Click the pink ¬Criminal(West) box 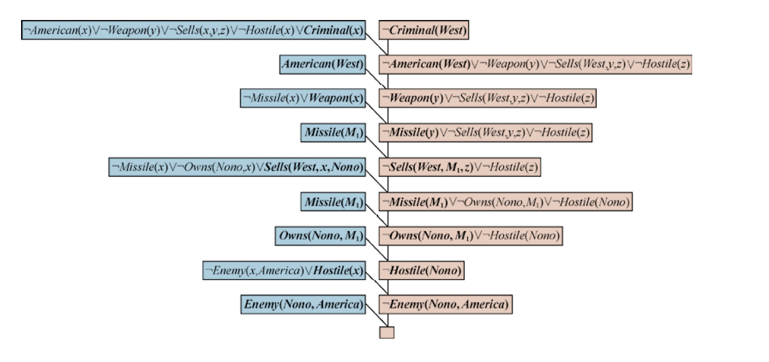pos(424,30)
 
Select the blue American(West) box pos(322,64)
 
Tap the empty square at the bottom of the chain pos(386,332)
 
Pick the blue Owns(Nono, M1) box pos(319,236)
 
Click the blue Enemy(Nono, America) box pos(302,304)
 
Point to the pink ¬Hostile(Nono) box pos(422,270)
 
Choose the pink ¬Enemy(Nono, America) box pos(445,304)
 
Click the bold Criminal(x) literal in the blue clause pos(333,30)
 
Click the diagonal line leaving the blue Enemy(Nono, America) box pos(376,315)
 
